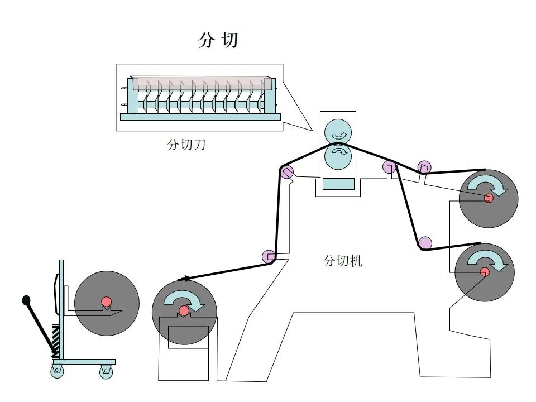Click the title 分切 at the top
218,40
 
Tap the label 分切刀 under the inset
186,145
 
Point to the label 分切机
343,261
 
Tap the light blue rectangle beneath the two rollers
338,184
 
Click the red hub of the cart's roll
107,302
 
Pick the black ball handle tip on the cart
26,300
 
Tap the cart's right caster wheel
106,371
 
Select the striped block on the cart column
55,341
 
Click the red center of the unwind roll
184,310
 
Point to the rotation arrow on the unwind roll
185,299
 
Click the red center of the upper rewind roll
489,198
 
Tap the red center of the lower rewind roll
484,271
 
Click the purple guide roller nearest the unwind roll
269,256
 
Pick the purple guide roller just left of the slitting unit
287,172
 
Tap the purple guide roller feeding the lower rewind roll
425,243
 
